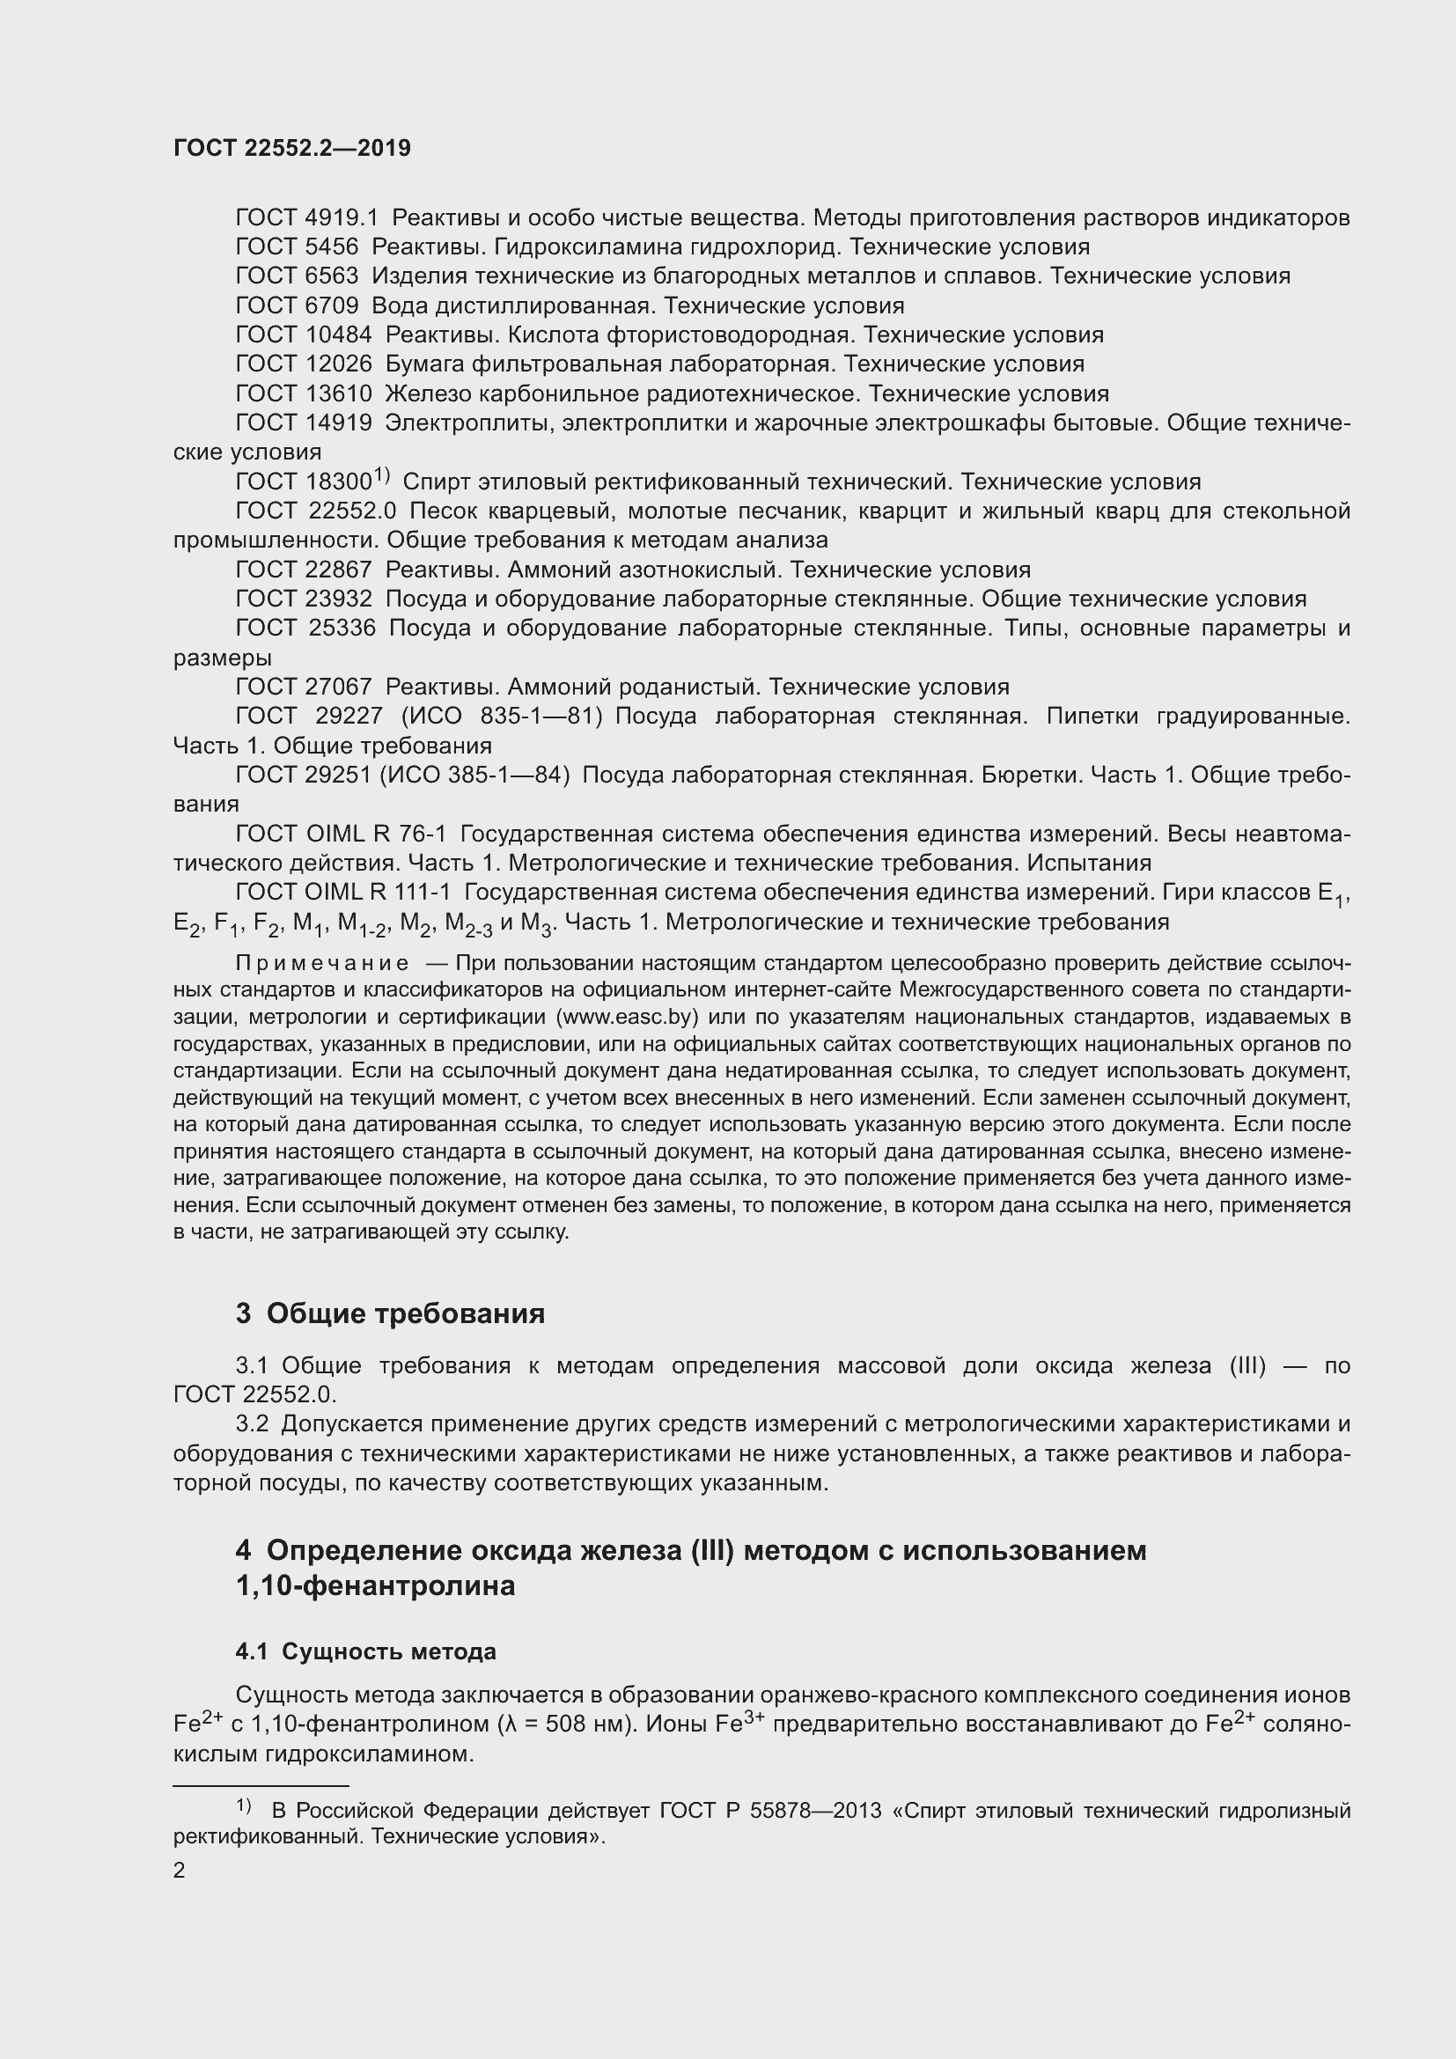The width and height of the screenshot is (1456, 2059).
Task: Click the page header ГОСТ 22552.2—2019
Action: pos(291,149)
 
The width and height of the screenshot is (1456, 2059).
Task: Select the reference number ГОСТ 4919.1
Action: pos(306,218)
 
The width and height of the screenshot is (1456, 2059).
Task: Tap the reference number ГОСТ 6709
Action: pos(297,305)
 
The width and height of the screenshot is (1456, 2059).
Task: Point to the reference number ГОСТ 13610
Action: pos(303,393)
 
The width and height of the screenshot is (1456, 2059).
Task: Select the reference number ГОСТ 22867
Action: pos(303,570)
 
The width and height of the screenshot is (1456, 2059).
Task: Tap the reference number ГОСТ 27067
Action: pos(303,687)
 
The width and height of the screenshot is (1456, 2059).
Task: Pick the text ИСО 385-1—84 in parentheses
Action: pos(474,775)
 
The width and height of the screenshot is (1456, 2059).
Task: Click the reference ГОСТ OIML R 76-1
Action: pos(341,834)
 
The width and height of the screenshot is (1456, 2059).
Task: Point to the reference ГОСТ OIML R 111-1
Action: pos(343,893)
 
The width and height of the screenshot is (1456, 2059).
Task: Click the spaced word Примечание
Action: pos(322,963)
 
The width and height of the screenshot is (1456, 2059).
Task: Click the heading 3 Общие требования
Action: pos(390,1313)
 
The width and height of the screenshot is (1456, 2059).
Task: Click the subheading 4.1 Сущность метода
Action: pos(366,1651)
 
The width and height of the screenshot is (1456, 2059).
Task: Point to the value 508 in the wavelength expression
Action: pos(561,1724)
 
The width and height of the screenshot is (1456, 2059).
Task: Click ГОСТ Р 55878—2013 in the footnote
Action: pos(770,1811)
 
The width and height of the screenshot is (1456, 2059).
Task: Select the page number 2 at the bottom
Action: pos(180,1871)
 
